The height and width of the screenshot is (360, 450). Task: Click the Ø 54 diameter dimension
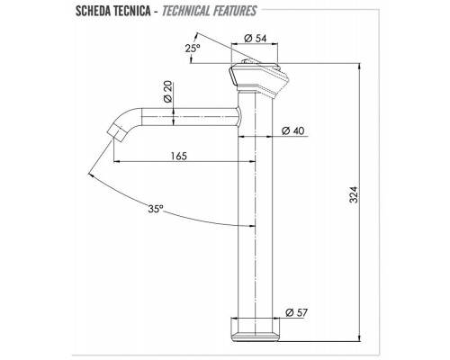click(x=258, y=39)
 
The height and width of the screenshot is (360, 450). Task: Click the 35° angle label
click(x=156, y=209)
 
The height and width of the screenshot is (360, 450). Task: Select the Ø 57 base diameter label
click(x=297, y=312)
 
